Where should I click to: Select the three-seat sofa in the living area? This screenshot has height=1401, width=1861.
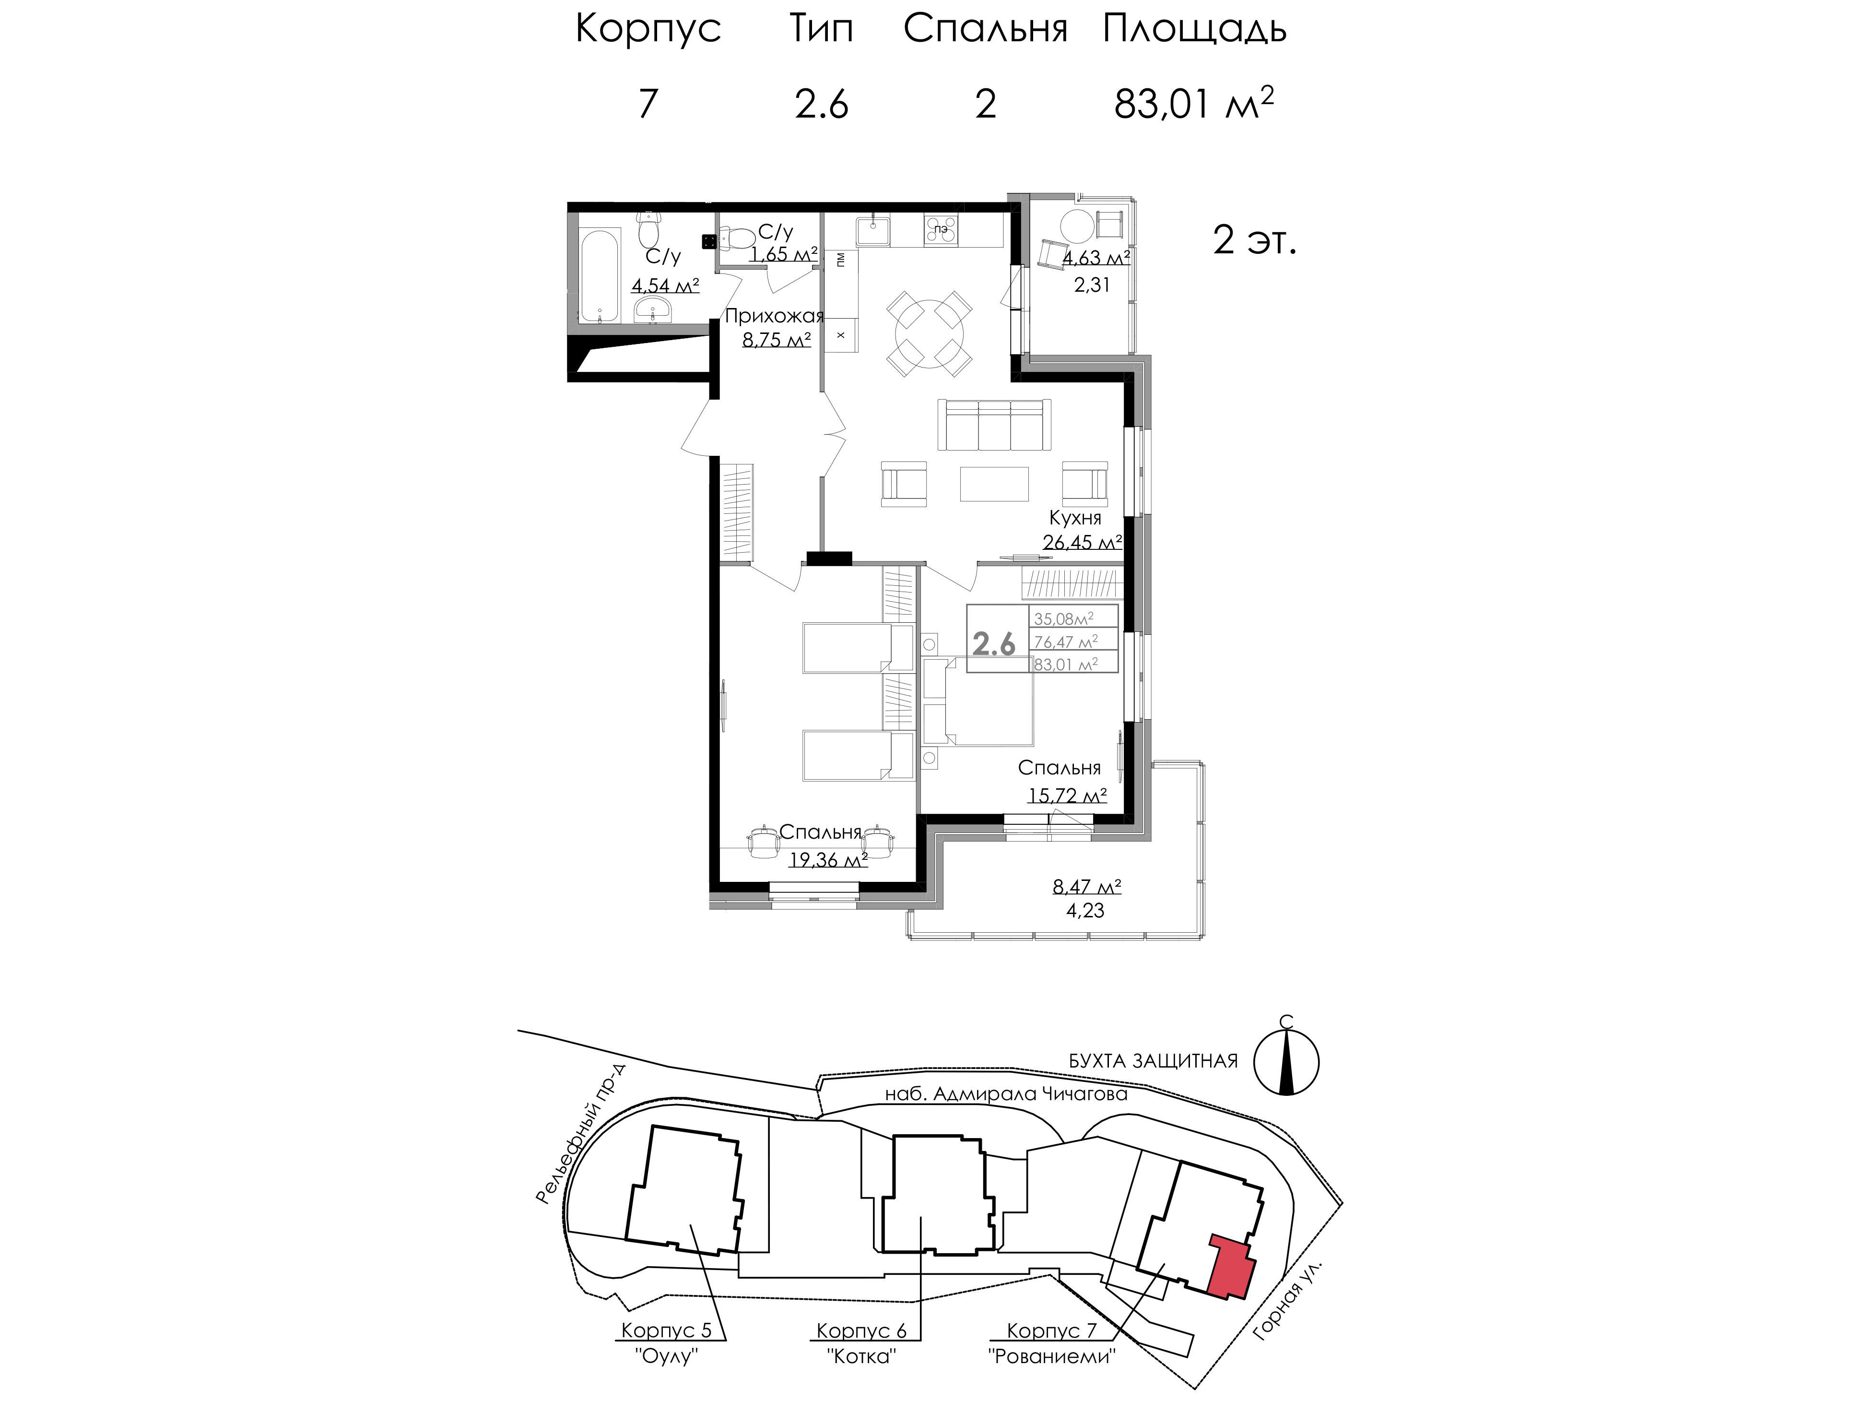[994, 425]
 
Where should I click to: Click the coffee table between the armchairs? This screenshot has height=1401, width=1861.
[994, 484]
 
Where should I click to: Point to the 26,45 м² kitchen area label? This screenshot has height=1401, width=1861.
[1083, 543]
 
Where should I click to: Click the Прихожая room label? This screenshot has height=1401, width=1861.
[774, 316]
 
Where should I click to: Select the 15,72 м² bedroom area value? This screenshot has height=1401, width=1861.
[1067, 795]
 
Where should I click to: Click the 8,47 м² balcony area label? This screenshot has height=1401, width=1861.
[1086, 887]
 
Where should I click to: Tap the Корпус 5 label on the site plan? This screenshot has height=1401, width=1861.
[665, 1330]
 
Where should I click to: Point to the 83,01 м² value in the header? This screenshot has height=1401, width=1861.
[1193, 104]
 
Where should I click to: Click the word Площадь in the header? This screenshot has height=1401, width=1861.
[1195, 29]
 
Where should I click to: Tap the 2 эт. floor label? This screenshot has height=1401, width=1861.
[1254, 241]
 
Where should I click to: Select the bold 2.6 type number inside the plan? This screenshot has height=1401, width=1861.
[994, 644]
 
